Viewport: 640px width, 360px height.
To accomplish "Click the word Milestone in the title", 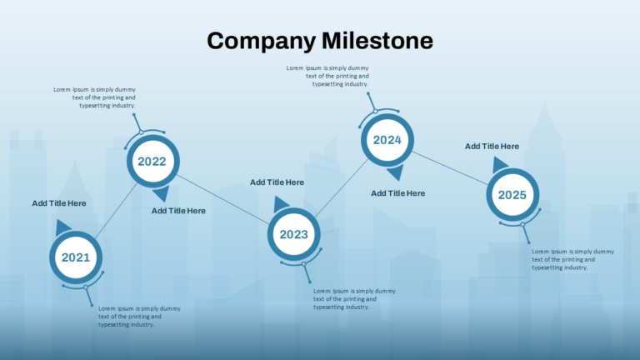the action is pyautogui.click(x=377, y=40).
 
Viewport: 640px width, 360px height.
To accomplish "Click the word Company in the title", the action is pyautogui.click(x=261, y=42).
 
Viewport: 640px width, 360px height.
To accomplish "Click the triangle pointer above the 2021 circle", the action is pyautogui.click(x=62, y=227).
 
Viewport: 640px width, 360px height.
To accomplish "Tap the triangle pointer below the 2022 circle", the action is pyautogui.click(x=162, y=193).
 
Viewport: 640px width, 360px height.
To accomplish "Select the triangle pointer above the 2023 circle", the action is pyautogui.click(x=280, y=204).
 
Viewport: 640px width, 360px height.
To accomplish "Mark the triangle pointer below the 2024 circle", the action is pyautogui.click(x=396, y=172).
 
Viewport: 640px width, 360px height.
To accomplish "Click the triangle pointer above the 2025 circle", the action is pyautogui.click(x=500, y=165).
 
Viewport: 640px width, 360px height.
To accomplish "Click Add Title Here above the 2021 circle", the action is pyautogui.click(x=59, y=203).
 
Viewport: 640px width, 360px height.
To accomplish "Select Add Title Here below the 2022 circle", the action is pyautogui.click(x=179, y=211).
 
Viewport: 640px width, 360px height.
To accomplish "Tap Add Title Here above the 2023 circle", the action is pyautogui.click(x=277, y=182).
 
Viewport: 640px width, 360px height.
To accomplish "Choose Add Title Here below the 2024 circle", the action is pyautogui.click(x=398, y=193).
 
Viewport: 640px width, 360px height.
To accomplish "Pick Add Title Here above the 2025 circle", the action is pyautogui.click(x=492, y=147).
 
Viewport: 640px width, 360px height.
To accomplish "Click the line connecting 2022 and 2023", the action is pyautogui.click(x=223, y=200).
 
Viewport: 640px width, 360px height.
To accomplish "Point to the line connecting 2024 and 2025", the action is pyautogui.click(x=450, y=168).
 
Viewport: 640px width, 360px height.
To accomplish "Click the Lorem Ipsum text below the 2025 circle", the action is pyautogui.click(x=572, y=260).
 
